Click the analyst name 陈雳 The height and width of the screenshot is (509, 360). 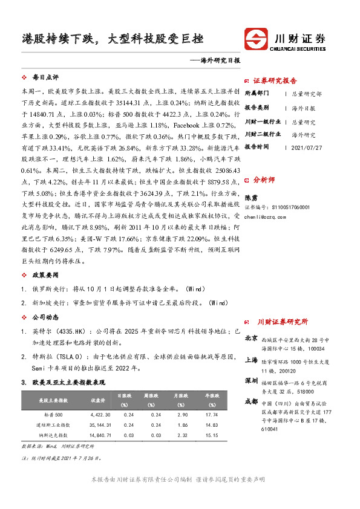pos(250,196)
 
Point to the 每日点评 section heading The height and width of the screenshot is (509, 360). pos(45,77)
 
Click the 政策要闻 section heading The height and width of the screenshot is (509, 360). pos(45,274)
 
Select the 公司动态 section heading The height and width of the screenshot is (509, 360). pos(45,316)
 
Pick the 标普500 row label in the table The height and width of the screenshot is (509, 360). pos(54,415)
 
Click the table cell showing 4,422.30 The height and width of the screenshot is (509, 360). pos(100,415)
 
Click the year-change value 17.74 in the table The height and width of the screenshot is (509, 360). pos(211,415)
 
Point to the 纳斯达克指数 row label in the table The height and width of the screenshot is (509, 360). pos(54,435)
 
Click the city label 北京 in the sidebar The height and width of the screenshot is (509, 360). pos(250,340)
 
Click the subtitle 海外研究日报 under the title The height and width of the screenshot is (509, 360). pos(219,60)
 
